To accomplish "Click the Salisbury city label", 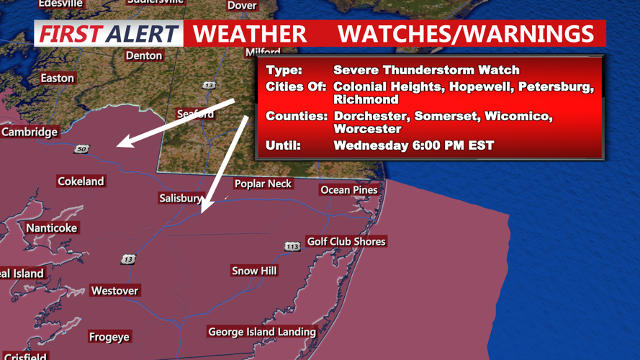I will coord(180,198).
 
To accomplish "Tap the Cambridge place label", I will coord(30,132).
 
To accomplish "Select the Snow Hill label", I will coord(254,271).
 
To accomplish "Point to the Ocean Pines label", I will coord(349,190).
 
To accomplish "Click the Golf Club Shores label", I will coord(346,241).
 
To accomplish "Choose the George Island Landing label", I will coord(262,332).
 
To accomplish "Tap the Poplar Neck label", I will coord(263,184).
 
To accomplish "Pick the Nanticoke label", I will coord(51,228).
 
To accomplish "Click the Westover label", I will coord(114,291).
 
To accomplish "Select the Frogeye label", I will coord(109,337).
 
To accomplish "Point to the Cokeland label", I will coord(81,181).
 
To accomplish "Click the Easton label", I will coord(57,78).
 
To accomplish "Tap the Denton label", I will coord(143,55).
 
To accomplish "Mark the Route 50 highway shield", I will coord(81,149).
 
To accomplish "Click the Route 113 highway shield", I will coord(292,246).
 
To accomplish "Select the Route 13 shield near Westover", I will coord(127,259).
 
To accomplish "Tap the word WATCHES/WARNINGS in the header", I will coord(466,34).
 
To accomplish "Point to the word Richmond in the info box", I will coord(366,99).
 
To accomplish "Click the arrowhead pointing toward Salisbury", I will coord(204,209).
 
